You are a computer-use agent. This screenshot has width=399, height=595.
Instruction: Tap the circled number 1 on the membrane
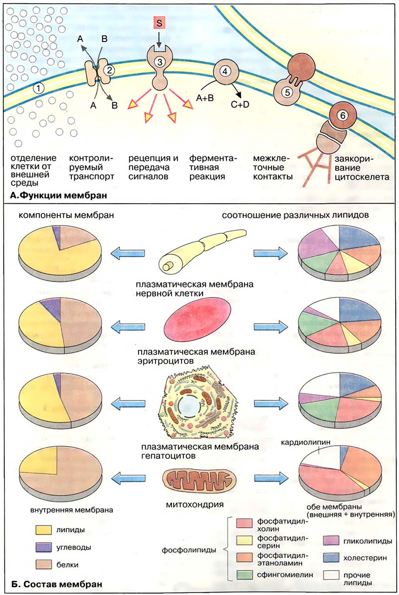pyautogui.click(x=38, y=88)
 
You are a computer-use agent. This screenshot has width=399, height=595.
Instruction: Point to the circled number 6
pyautogui.click(x=341, y=114)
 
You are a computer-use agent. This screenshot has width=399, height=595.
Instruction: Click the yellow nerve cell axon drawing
pyautogui.click(x=199, y=255)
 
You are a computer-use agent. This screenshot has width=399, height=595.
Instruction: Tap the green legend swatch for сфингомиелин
pyautogui.click(x=245, y=574)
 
